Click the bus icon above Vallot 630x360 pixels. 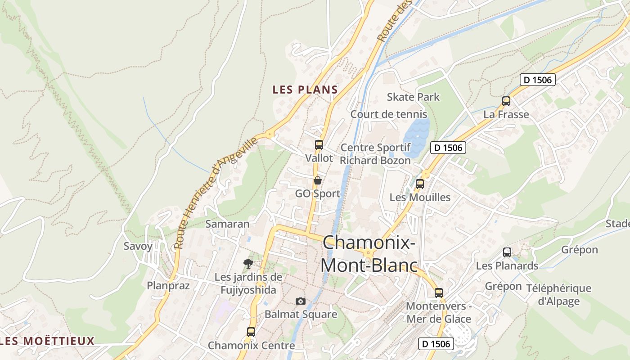(319, 145)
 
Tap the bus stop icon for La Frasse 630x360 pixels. (506, 101)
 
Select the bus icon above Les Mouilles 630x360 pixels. (420, 184)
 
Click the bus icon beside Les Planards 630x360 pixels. (507, 252)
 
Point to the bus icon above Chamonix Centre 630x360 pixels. (251, 332)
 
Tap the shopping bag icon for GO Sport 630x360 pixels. (318, 180)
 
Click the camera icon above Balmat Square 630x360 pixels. (301, 301)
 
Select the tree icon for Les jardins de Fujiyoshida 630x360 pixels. (248, 264)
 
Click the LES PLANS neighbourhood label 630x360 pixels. (305, 90)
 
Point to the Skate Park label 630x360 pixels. (413, 97)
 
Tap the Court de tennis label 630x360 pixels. (389, 114)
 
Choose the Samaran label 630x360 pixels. (227, 224)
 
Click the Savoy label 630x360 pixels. (138, 246)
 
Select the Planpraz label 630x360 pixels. (168, 285)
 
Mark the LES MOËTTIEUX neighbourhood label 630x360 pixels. (48, 341)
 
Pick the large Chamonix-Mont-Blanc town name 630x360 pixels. (369, 254)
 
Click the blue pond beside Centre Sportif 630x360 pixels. (416, 135)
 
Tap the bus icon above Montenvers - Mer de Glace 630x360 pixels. (439, 293)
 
